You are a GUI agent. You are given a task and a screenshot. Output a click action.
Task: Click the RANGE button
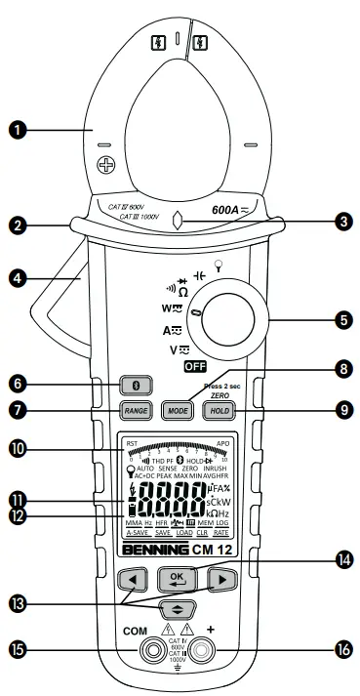point(136,411)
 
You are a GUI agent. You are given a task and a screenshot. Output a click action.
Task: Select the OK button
point(177,576)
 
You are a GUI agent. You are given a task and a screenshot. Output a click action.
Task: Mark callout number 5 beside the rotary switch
point(342,319)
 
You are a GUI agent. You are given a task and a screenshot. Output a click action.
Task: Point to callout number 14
point(341,563)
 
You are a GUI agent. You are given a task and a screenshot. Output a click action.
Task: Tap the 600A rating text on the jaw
point(231,209)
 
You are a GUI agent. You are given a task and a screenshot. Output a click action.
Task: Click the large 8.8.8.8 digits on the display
point(181,508)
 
